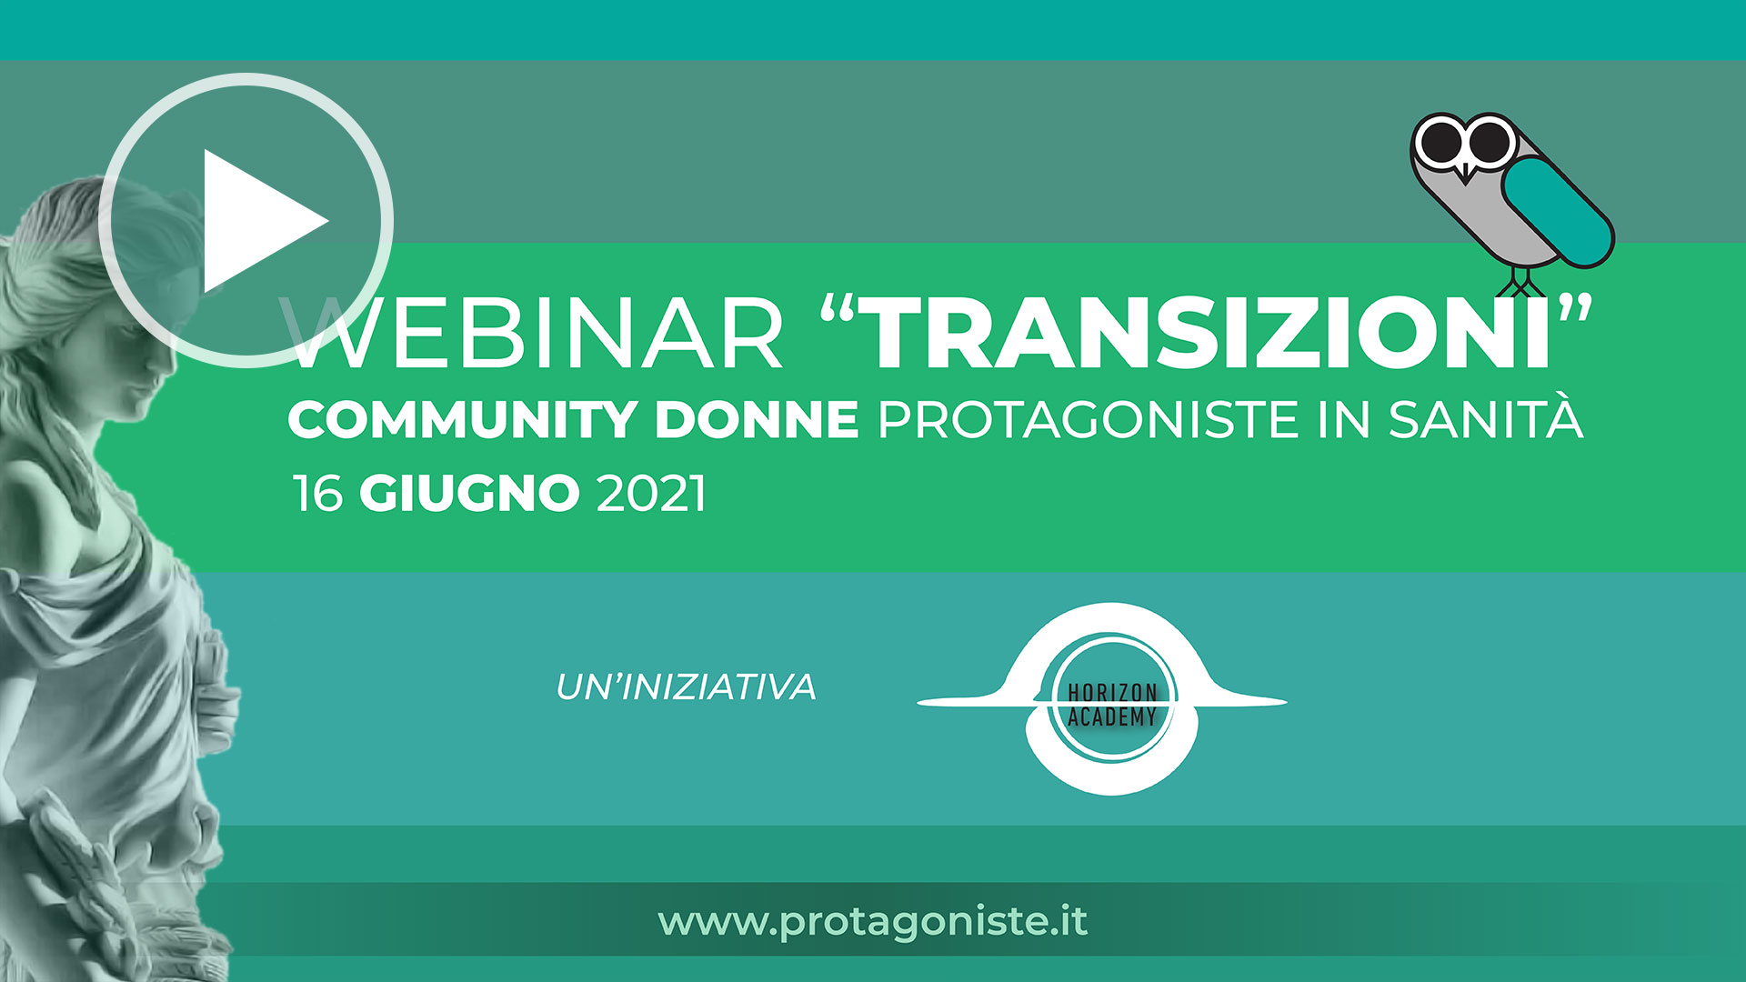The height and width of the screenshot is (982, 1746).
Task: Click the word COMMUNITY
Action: coord(462,420)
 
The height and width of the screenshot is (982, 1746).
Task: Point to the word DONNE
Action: coord(757,420)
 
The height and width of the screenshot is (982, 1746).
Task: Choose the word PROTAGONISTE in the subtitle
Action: coord(1089,420)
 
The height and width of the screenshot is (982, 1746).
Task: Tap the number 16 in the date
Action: coord(317,494)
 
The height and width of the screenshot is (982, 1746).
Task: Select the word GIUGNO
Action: coord(469,494)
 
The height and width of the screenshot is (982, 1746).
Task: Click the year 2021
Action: coord(651,494)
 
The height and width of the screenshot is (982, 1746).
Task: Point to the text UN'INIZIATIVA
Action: coord(686,686)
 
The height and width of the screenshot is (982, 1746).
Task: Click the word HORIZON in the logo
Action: coord(1111,693)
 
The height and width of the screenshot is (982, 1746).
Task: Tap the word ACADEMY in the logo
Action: coord(1111,716)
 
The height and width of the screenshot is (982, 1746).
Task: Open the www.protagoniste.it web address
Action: coord(873,922)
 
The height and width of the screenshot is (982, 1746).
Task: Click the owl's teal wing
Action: coord(1557,212)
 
